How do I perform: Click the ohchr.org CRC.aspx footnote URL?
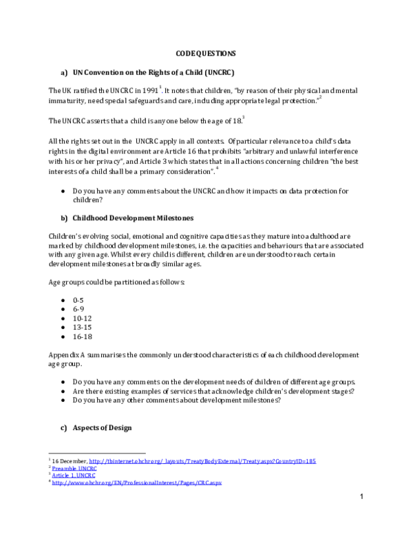click(137, 482)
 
